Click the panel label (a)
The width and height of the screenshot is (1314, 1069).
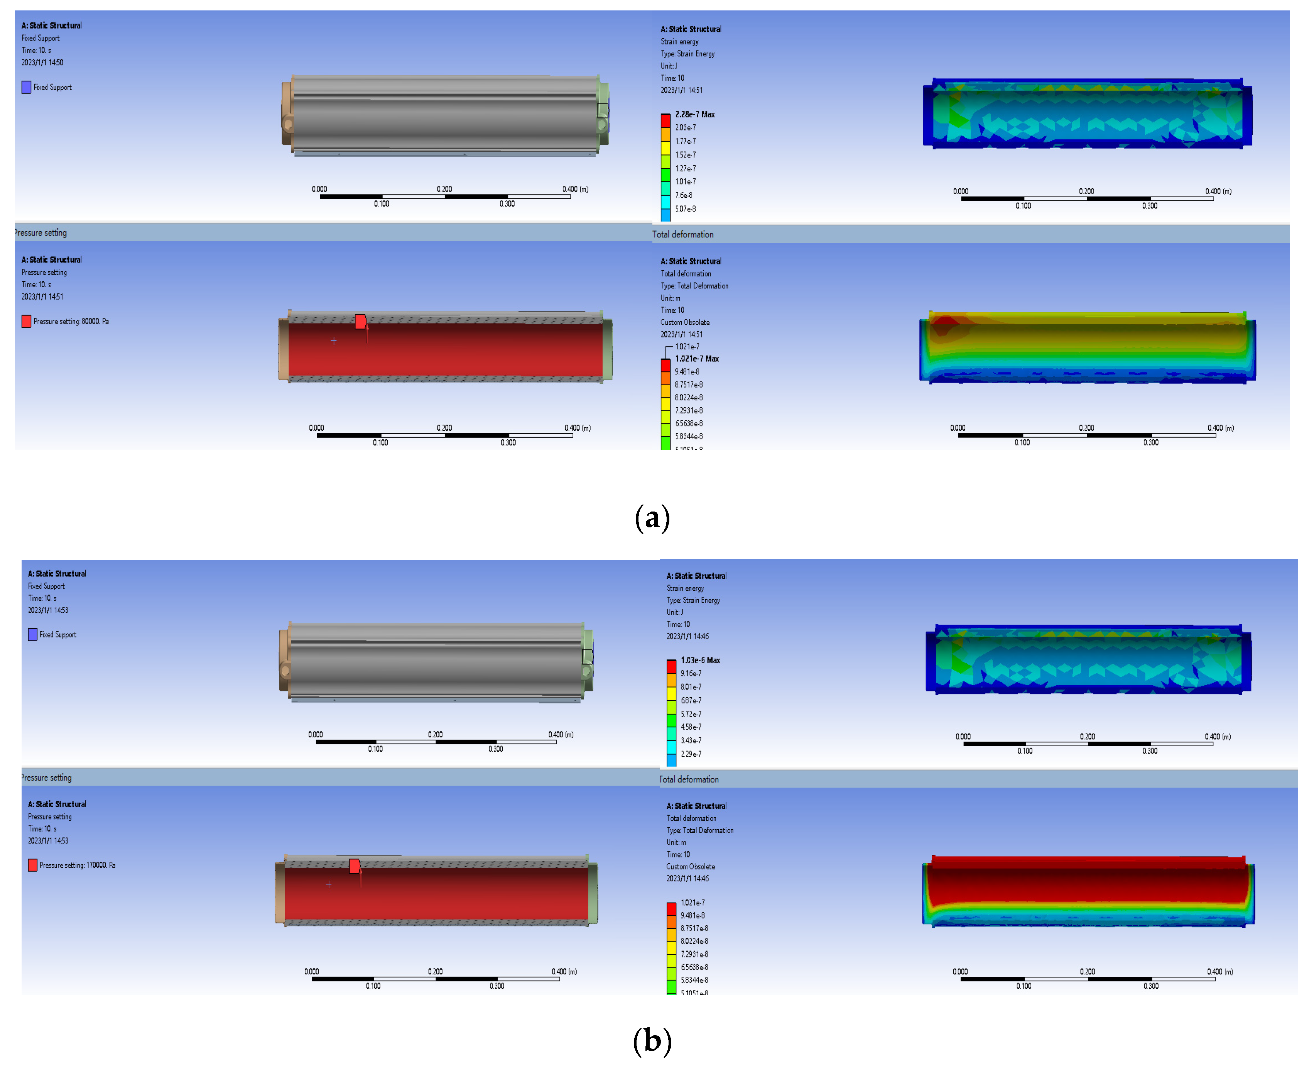click(652, 518)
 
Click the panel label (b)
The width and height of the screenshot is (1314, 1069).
click(652, 1041)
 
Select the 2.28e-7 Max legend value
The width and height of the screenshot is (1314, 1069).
click(694, 115)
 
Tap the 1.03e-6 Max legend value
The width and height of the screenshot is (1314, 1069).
click(700, 660)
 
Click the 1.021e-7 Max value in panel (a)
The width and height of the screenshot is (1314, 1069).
click(697, 358)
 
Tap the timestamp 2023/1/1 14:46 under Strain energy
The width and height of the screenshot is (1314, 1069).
click(687, 636)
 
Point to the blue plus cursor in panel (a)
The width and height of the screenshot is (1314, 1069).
click(334, 341)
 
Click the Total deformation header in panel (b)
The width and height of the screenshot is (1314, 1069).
click(689, 779)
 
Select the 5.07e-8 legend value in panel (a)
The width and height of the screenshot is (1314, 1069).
click(685, 209)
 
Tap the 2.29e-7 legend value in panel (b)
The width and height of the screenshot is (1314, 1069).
click(691, 754)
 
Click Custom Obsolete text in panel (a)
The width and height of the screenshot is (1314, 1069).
click(685, 322)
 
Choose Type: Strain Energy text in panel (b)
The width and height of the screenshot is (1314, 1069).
click(693, 600)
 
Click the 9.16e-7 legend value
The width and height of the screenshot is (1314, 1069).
click(691, 673)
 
